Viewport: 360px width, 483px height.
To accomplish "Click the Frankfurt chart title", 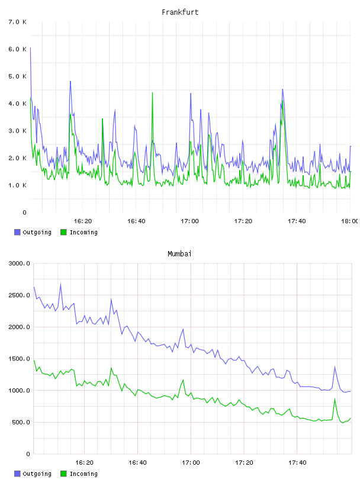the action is coord(180,12).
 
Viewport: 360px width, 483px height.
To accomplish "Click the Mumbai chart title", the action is coord(179,254).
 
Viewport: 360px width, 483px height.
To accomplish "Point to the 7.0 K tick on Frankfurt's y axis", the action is coord(18,22).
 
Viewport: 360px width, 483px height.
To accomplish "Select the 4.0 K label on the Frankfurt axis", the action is coord(18,104).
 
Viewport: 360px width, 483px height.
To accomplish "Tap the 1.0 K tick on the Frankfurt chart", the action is coord(18,185).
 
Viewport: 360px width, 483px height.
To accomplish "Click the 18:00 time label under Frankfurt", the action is coord(349,221).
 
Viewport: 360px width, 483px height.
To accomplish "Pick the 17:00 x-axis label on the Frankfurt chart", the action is coord(189,221).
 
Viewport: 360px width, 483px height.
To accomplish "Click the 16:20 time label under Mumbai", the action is coord(84,463).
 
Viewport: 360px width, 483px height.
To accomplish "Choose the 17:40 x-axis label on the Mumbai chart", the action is coord(297,463).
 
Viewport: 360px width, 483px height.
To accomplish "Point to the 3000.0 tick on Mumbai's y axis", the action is coord(19,263).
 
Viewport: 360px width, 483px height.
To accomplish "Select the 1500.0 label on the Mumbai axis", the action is coord(19,359).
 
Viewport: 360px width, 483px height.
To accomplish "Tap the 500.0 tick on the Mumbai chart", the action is coord(21,422).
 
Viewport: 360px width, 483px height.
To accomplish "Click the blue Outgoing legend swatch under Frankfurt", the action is coord(17,232).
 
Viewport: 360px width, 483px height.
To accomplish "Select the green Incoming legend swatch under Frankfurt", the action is coord(63,232).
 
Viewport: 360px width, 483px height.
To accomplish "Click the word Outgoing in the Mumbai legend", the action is coord(37,474).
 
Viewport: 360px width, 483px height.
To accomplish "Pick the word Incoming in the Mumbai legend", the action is coord(83,474).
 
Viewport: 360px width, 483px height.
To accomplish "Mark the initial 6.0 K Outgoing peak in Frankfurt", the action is coord(30,48).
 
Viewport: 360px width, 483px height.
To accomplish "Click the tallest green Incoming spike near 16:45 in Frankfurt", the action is coord(152,93).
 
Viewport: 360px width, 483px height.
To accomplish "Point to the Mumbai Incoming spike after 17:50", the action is coord(335,399).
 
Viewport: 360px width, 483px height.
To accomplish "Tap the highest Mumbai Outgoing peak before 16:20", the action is coord(60,284).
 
